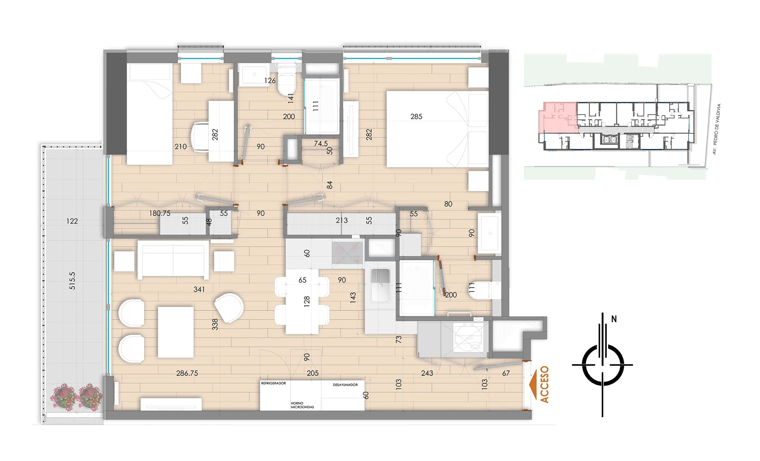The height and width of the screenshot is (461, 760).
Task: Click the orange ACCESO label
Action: point(545,384)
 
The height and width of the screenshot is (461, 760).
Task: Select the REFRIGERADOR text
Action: point(274,383)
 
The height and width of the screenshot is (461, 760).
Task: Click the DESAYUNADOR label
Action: point(345,385)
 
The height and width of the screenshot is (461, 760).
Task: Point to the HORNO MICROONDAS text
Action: point(302,405)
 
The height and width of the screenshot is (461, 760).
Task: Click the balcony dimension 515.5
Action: point(72,280)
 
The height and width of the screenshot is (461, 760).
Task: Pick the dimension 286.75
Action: point(187,373)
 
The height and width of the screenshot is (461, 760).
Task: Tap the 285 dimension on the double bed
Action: point(416,116)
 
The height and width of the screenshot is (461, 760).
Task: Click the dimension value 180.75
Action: point(160,213)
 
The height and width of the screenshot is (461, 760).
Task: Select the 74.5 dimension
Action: point(321,144)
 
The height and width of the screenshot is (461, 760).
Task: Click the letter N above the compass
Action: point(614,319)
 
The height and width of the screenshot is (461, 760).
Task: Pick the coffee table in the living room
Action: point(176,332)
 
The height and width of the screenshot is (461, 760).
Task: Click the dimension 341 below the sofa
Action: point(199,289)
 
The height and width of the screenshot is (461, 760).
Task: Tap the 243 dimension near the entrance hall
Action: point(427,373)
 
